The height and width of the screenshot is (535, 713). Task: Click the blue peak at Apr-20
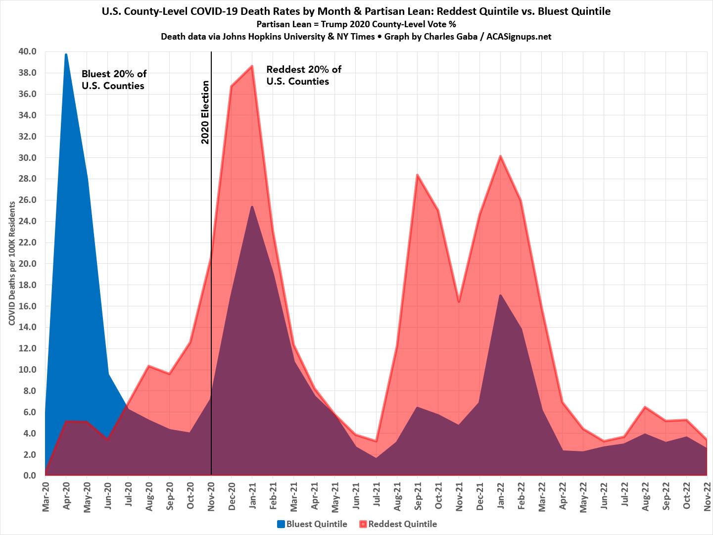pyautogui.click(x=66, y=54)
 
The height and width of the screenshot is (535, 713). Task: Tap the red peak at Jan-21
pyautogui.click(x=252, y=66)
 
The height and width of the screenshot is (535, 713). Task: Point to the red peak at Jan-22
pyautogui.click(x=500, y=156)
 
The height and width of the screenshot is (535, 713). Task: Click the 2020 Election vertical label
pyautogui.click(x=205, y=112)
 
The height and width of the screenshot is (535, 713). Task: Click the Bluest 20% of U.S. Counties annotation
pyautogui.click(x=114, y=80)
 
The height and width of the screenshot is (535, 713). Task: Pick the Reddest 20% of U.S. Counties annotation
pyautogui.click(x=304, y=75)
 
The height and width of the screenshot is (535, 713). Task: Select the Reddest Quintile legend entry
pyautogui.click(x=399, y=524)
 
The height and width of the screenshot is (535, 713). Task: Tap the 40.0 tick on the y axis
pyautogui.click(x=27, y=51)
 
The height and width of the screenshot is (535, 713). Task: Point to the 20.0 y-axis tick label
pyautogui.click(x=27, y=264)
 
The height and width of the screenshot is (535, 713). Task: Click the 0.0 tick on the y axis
pyautogui.click(x=30, y=476)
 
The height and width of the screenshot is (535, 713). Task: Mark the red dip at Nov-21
pyautogui.click(x=459, y=301)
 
